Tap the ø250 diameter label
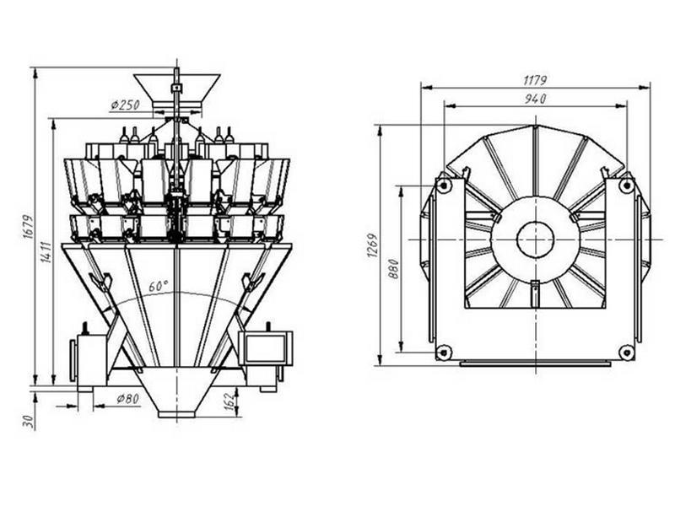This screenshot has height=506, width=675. point(125,105)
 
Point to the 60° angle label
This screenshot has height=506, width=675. point(159,285)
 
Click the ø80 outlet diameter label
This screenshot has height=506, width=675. point(126,398)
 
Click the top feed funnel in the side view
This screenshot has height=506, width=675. point(177,88)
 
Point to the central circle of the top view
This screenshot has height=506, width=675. point(535,240)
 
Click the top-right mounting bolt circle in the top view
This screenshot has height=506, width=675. point(626,186)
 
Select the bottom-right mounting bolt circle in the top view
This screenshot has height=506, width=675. point(626,351)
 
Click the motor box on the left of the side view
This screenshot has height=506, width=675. point(89,359)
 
